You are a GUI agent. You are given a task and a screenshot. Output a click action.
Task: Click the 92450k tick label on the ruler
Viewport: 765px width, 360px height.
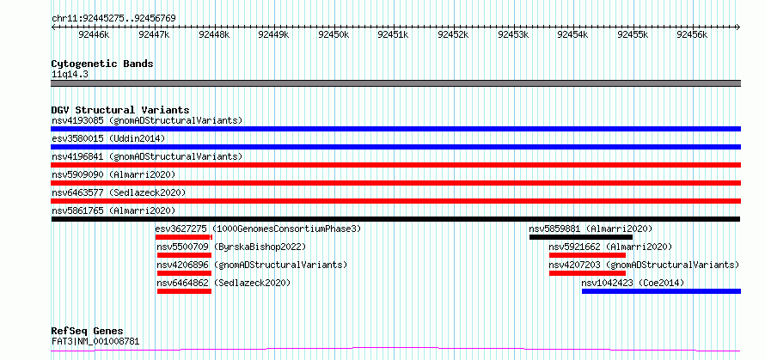tap(334, 34)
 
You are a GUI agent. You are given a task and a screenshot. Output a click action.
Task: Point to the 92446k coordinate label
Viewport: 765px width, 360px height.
tap(94, 34)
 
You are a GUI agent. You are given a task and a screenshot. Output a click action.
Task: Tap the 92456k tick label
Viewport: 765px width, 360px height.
tap(693, 34)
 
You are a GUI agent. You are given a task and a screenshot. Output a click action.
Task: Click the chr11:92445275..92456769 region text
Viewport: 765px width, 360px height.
tap(113, 19)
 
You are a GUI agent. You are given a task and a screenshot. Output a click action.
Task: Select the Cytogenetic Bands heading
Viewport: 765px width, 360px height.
tap(102, 64)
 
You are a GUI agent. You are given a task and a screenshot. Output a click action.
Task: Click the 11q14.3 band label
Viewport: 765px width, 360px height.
tap(70, 75)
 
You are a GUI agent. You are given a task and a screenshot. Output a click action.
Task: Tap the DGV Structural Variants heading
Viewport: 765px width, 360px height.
tap(120, 110)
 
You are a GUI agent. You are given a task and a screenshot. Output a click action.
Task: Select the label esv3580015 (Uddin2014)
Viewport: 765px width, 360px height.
tap(108, 138)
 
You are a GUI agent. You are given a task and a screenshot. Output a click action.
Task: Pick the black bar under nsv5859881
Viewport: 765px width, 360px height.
tap(580, 237)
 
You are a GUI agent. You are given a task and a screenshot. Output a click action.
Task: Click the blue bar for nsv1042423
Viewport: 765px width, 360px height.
tap(661, 291)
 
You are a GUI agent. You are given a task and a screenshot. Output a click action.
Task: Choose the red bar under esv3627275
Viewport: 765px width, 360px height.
tap(184, 237)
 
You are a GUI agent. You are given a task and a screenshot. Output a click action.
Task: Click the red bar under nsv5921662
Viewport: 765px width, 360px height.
tap(587, 255)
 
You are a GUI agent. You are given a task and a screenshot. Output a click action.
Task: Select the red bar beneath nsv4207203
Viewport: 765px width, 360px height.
tap(587, 273)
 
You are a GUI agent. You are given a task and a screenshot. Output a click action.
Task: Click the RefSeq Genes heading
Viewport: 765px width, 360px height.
tap(88, 332)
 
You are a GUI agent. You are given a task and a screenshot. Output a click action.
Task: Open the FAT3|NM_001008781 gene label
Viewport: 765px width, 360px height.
tap(95, 341)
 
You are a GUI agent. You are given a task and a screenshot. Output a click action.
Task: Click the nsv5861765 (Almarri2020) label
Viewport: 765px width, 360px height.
tap(113, 211)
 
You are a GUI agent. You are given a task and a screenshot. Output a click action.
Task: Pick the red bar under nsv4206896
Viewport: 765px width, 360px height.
tap(185, 273)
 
